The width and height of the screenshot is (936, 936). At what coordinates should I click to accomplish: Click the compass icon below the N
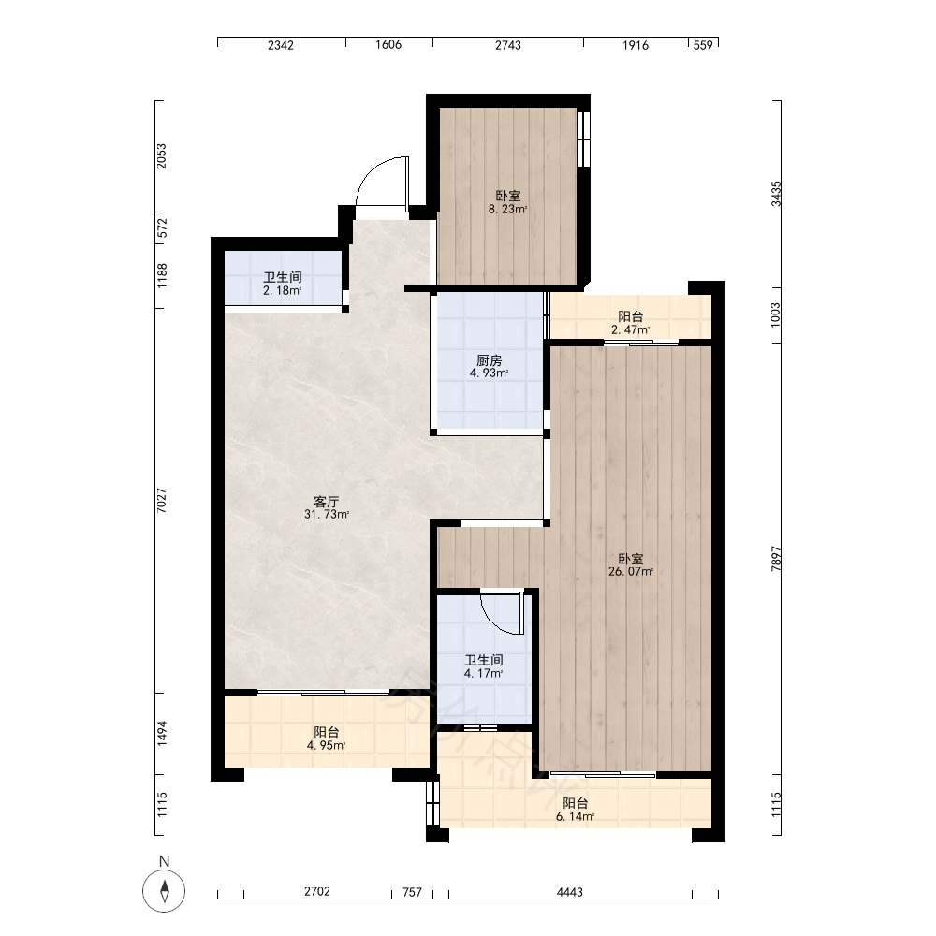(x=164, y=891)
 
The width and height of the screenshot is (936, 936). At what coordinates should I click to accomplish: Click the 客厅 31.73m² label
(x=327, y=507)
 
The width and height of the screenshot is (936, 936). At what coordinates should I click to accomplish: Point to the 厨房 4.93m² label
(x=489, y=367)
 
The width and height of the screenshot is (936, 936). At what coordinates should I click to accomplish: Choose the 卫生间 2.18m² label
(x=283, y=284)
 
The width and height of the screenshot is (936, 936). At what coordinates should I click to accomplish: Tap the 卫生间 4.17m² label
(x=484, y=666)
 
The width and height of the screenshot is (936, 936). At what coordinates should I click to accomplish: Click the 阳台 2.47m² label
(x=630, y=322)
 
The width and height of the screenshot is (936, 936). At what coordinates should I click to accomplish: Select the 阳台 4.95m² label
(x=326, y=739)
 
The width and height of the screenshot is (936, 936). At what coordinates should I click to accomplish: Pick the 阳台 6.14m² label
(x=575, y=810)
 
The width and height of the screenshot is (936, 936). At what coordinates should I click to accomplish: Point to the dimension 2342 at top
(x=281, y=45)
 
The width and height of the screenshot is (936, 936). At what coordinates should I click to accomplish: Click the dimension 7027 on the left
(x=161, y=500)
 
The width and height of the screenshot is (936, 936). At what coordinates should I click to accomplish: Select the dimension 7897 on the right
(x=775, y=559)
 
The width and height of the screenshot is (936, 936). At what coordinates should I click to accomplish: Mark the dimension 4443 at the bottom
(x=569, y=892)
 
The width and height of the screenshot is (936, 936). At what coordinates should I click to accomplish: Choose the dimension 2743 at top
(x=507, y=45)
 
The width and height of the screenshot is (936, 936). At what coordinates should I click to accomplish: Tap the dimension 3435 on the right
(x=775, y=194)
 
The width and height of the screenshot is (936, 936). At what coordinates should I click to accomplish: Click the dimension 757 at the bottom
(x=412, y=892)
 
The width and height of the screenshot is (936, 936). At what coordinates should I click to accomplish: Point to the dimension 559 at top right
(x=703, y=45)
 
